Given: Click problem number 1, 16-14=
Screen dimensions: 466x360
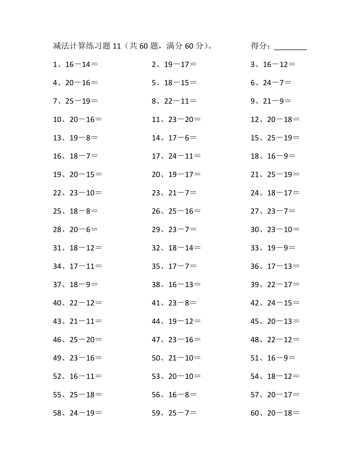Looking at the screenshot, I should [75, 64].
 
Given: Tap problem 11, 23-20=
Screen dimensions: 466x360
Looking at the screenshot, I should [176, 119].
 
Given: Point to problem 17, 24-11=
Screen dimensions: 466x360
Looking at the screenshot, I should [176, 156].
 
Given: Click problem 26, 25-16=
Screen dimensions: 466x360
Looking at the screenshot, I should [176, 211].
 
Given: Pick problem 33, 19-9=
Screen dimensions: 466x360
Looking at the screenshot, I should [273, 248].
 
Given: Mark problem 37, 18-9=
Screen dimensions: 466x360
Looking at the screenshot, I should [75, 285].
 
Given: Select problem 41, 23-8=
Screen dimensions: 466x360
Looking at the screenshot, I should [174, 303].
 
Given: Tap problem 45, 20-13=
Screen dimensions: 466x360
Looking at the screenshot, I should [275, 321].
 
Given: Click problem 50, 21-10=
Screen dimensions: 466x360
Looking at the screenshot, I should [176, 358].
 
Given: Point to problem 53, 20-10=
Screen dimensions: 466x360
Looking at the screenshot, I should [176, 376].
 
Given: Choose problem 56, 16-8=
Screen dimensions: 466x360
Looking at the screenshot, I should [174, 395].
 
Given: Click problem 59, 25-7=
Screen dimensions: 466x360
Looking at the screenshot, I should [174, 413].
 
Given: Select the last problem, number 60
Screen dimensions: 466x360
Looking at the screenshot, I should [275, 413].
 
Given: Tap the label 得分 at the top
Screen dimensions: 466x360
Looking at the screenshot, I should [260, 46].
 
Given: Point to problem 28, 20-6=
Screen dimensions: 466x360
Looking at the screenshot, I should [75, 230].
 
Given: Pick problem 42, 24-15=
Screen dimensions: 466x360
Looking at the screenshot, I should [275, 303].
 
